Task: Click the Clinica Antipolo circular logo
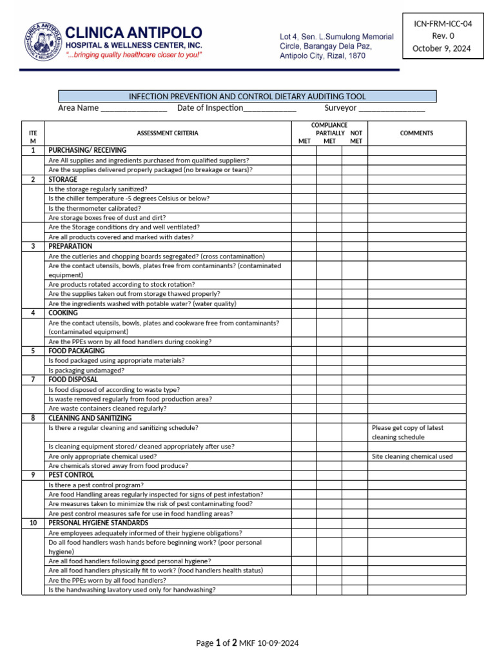coord(43,41)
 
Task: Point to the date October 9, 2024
coord(442,48)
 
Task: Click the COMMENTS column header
coord(416,133)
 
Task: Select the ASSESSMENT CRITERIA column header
coord(168,133)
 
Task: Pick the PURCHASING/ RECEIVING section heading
coord(88,150)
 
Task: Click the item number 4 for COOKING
coord(33,313)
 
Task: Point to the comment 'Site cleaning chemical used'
coord(412,456)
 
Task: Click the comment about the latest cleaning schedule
coord(407,432)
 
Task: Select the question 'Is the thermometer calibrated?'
coord(95,208)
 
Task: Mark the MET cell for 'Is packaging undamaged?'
coord(304,371)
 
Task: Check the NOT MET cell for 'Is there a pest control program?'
coord(354,485)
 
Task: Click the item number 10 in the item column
coord(33,523)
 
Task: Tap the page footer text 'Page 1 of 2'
coord(217,643)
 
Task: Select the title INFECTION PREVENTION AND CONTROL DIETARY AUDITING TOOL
coord(247,96)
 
